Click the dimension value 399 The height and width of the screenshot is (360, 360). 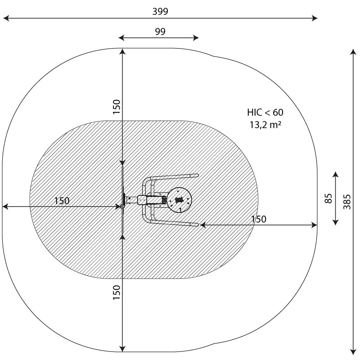pyautogui.click(x=160, y=11)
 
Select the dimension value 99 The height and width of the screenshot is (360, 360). pyautogui.click(x=160, y=31)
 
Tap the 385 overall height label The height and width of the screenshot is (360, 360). pyautogui.click(x=347, y=202)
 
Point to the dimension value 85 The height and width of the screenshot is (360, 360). pyautogui.click(x=328, y=198)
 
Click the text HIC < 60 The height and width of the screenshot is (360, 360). pyautogui.click(x=265, y=112)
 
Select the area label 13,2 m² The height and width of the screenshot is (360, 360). pyautogui.click(x=265, y=125)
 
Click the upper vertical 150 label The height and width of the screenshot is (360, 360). pyautogui.click(x=117, y=107)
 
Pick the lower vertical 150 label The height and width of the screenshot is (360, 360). pyautogui.click(x=117, y=292)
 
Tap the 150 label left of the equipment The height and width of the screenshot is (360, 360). pyautogui.click(x=62, y=201)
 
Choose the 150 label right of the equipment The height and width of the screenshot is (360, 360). pyautogui.click(x=259, y=219)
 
